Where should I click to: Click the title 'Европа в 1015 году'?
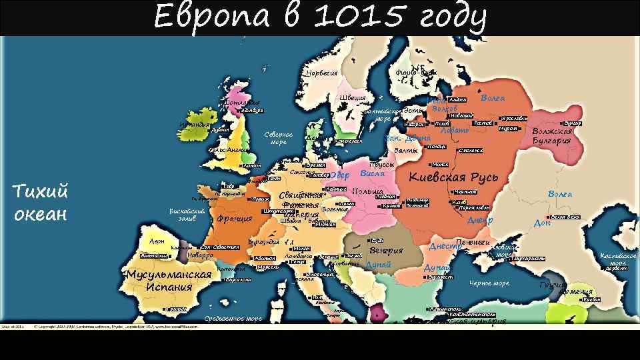pyautogui.click(x=319, y=17)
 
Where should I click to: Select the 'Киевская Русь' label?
pyautogui.click(x=453, y=177)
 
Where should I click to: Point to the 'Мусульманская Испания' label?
pyautogui.click(x=169, y=281)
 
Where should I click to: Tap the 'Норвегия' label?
pyautogui.click(x=322, y=73)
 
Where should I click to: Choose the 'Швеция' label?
pyautogui.click(x=353, y=99)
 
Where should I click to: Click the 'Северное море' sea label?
pyautogui.click(x=279, y=137)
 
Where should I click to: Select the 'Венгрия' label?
pyautogui.click(x=386, y=251)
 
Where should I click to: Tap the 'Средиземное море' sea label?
pyautogui.click(x=233, y=319)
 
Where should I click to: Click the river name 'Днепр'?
pyautogui.click(x=479, y=220)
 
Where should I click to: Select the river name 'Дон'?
pyautogui.click(x=542, y=223)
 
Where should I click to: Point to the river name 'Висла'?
pyautogui.click(x=372, y=173)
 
